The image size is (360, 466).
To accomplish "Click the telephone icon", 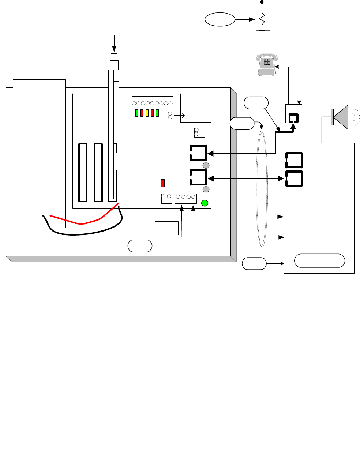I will click(x=266, y=64).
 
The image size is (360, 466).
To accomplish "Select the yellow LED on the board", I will click(x=147, y=113).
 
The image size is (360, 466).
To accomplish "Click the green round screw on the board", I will click(x=205, y=203).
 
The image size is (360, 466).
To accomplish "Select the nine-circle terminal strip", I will click(x=152, y=103).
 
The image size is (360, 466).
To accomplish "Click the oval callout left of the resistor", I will click(x=220, y=19).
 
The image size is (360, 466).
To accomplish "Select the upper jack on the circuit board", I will click(x=198, y=153).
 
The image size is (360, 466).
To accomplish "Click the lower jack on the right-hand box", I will click(x=294, y=178).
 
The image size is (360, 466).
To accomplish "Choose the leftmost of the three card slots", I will click(x=83, y=172).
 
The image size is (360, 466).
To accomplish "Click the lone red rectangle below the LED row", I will click(x=163, y=183).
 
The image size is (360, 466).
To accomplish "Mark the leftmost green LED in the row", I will click(x=137, y=113).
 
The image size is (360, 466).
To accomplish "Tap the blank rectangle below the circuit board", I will click(x=166, y=228).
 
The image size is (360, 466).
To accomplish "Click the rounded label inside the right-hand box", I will click(x=319, y=260).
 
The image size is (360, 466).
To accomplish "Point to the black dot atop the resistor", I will click(x=262, y=2).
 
